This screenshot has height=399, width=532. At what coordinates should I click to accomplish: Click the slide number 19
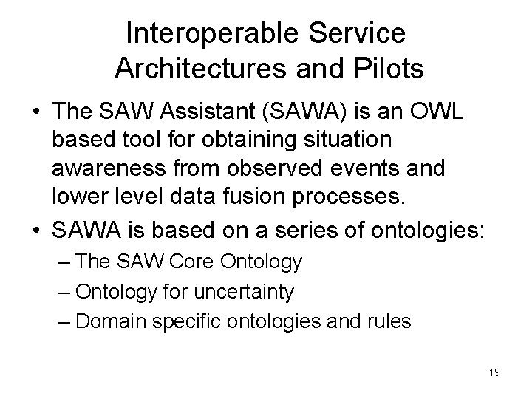[x=494, y=372]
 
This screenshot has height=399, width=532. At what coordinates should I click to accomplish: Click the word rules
[x=390, y=321]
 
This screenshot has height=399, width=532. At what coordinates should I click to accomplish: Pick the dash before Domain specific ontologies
[x=65, y=321]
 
